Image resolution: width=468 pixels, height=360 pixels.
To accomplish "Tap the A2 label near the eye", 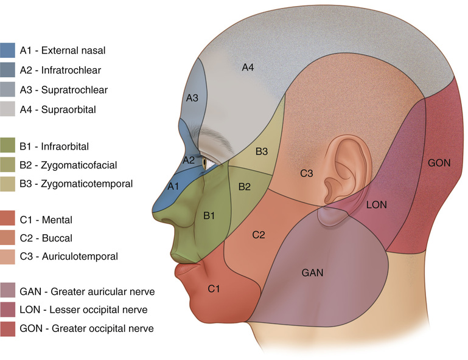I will point(189,160).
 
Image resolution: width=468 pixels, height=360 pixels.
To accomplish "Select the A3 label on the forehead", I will point(192,98).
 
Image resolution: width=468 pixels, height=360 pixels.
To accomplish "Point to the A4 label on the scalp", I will point(248,67).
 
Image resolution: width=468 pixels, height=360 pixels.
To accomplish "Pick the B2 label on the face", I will point(245,187).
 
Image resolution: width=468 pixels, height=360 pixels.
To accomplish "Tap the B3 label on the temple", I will point(262,151).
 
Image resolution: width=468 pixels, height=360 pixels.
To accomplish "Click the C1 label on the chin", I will point(214,288).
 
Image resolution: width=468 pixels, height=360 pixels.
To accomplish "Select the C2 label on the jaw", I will point(259,234).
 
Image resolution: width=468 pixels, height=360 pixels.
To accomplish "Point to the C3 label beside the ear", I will point(306,174).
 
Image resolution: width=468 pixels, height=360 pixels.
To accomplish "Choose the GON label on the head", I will point(439,164).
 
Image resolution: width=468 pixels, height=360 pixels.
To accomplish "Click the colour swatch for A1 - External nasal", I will point(8,50).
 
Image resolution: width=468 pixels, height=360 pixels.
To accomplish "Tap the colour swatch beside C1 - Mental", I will point(8,218).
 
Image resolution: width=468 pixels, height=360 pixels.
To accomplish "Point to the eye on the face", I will point(206,163).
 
